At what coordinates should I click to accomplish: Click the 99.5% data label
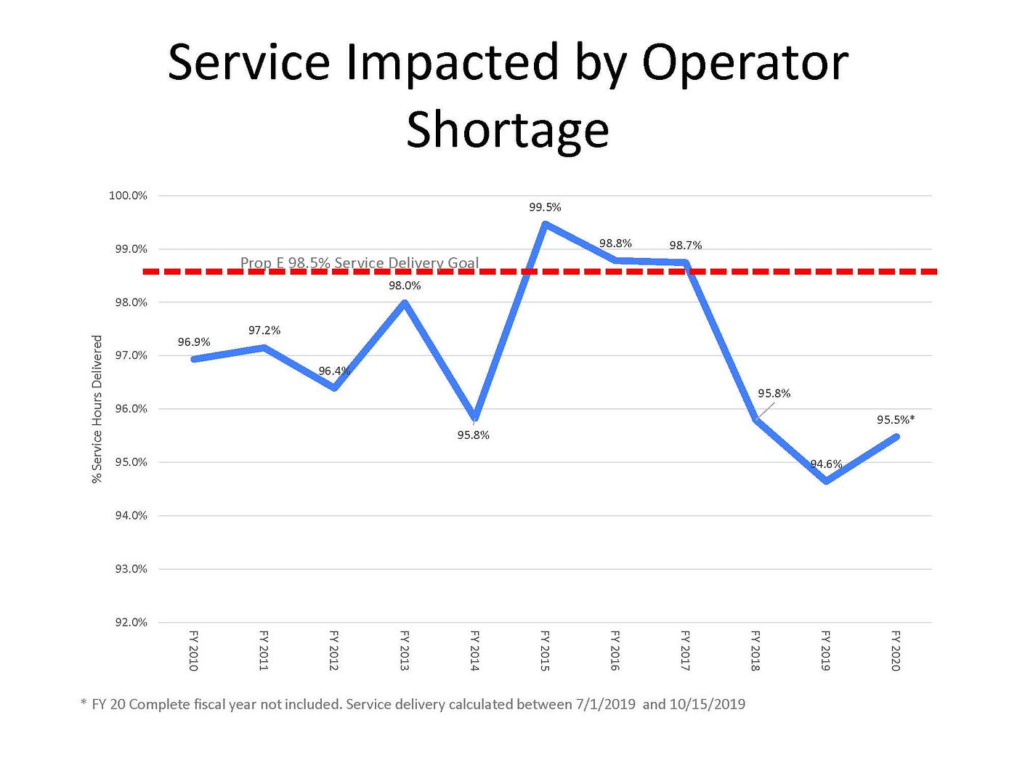pyautogui.click(x=545, y=208)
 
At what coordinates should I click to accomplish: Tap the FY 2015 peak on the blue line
pyautogui.click(x=545, y=225)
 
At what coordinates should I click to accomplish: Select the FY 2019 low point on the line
pyautogui.click(x=826, y=481)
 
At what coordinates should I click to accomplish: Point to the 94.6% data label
pyautogui.click(x=826, y=464)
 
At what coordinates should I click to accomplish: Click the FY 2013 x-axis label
pyautogui.click(x=405, y=650)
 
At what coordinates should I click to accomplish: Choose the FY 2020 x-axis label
pyautogui.click(x=896, y=650)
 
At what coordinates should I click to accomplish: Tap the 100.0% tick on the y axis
pyautogui.click(x=128, y=196)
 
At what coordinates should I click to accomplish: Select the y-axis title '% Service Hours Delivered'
pyautogui.click(x=97, y=409)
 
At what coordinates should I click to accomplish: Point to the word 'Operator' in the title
pyautogui.click(x=745, y=62)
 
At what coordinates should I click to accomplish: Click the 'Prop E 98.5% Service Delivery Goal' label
pyautogui.click(x=360, y=263)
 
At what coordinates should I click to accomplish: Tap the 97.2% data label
pyautogui.click(x=264, y=331)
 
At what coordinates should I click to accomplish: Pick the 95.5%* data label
pyautogui.click(x=896, y=420)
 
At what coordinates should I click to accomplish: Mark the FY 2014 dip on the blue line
pyautogui.click(x=475, y=419)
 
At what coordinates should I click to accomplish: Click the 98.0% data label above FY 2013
pyautogui.click(x=405, y=286)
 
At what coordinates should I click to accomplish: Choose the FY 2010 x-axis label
pyautogui.click(x=194, y=650)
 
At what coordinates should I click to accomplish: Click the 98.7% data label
pyautogui.click(x=686, y=246)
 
